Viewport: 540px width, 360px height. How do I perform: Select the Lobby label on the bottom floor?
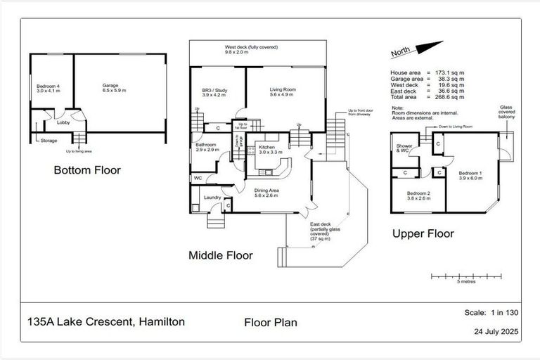[63, 122]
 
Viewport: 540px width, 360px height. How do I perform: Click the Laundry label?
[212, 198]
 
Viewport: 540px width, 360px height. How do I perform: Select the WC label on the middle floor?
[198, 179]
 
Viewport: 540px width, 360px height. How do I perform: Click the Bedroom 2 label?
[419, 195]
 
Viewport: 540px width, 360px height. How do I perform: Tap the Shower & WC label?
[405, 149]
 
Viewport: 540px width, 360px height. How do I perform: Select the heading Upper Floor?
[422, 234]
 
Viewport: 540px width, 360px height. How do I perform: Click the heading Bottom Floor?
[88, 169]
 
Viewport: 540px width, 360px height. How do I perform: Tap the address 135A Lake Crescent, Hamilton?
[106, 321]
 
